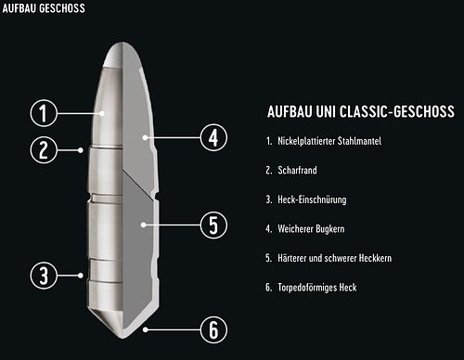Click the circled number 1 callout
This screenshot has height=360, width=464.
pos(44,113)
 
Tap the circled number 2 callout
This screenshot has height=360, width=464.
pos(44,150)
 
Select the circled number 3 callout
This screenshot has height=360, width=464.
pos(44,276)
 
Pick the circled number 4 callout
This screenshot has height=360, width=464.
pos(213,137)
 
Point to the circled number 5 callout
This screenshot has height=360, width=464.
pos(213,225)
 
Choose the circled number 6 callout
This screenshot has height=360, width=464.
pos(213,329)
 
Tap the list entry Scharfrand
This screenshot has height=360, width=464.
pos(297,170)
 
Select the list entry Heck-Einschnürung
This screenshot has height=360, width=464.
pos(312,199)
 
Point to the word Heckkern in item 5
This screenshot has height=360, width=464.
pos(375,258)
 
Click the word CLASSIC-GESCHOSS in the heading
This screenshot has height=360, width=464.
pos(397,111)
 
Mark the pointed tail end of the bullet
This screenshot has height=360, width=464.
pos(122,337)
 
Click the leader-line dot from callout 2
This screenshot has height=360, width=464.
pos(81,150)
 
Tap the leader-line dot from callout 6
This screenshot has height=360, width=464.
pos(146,329)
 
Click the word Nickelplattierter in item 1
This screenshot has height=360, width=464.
pos(305,141)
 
